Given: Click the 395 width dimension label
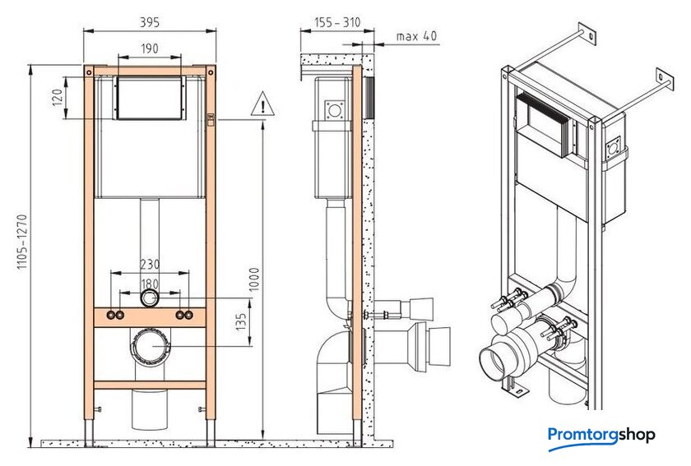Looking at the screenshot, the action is point(150,22).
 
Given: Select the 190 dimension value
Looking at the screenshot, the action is point(150,48).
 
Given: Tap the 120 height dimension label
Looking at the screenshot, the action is point(58,98).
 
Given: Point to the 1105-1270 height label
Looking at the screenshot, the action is point(22,242).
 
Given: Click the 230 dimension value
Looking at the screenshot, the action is point(150,265).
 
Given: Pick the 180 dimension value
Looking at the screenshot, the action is point(150,284).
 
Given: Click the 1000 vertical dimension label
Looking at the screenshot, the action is point(254,279).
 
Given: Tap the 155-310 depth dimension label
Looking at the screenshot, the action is point(337,22).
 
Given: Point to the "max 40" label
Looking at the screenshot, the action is point(416,35).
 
